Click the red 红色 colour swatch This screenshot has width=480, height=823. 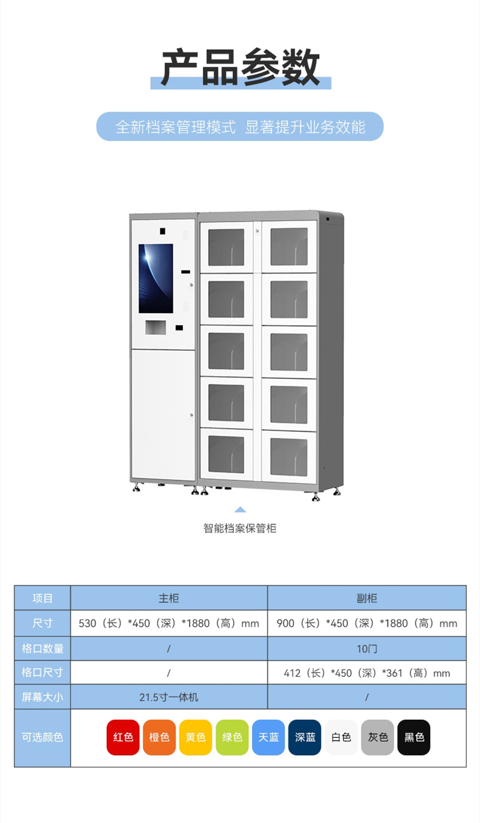(x=123, y=737)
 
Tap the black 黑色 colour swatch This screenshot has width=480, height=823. (x=414, y=737)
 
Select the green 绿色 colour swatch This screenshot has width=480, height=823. (x=232, y=737)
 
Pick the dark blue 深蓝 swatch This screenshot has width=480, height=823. (x=305, y=737)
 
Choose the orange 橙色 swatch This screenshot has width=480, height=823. (x=159, y=737)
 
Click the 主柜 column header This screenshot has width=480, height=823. (x=169, y=598)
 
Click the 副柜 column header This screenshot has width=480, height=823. (x=367, y=598)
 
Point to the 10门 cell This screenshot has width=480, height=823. (x=367, y=648)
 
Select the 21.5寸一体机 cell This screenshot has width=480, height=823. (x=169, y=697)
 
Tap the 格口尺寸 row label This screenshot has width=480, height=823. (x=42, y=672)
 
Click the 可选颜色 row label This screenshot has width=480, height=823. (x=42, y=737)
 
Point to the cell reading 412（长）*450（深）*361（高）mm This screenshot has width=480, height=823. (x=367, y=672)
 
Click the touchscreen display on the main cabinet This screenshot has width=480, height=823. (x=156, y=278)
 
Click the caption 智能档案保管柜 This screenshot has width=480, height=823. (x=239, y=528)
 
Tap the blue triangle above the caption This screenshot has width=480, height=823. (x=240, y=510)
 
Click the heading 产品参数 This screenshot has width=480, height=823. (x=241, y=67)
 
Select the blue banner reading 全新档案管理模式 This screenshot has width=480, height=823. (x=240, y=127)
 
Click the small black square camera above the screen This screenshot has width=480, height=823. (x=162, y=231)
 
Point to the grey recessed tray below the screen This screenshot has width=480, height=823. (x=155, y=328)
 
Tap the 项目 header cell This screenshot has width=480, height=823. (x=42, y=598)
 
